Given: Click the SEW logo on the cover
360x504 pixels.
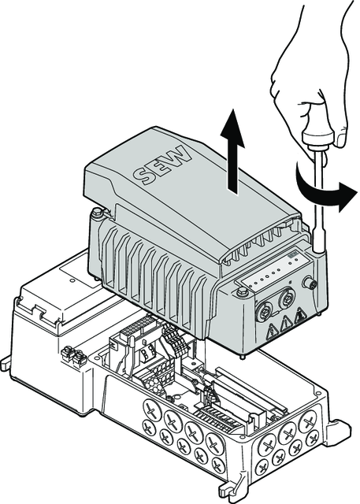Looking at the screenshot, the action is pos(162,165).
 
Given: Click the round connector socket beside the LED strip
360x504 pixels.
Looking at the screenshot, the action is pos(310,283).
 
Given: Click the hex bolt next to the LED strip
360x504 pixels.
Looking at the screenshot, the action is pos(241,293).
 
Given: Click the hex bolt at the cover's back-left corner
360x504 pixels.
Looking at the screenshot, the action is pos(97,213).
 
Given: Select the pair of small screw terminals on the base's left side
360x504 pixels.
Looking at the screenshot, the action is pos(73,355).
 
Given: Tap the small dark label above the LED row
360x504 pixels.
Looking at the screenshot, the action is pos(291,255).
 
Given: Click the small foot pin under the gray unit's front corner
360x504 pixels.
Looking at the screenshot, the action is pos(243,356).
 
